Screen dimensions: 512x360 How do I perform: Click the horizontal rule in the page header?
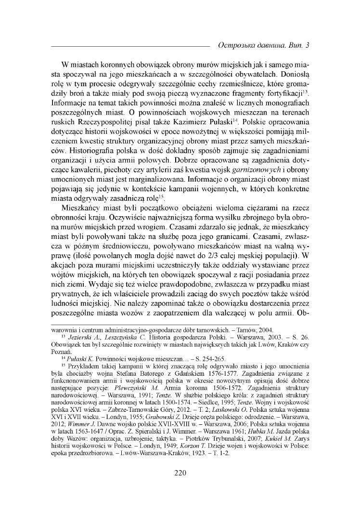tap(130, 47)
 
